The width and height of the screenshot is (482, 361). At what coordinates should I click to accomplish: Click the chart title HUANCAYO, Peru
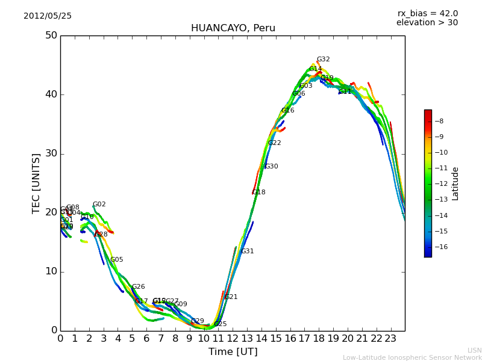tap(233, 28)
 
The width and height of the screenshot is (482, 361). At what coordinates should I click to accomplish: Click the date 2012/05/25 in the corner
tap(48, 16)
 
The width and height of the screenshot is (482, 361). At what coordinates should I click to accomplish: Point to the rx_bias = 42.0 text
tap(427, 14)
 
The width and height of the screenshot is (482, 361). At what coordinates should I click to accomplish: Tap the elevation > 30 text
tap(427, 23)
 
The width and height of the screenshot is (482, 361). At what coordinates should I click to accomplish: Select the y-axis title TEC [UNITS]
tap(36, 183)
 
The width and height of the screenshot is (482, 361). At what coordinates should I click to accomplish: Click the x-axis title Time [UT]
tap(233, 352)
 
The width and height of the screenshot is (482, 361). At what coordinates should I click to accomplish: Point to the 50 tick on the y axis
tap(51, 35)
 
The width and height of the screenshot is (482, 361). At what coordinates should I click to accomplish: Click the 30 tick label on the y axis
tap(51, 153)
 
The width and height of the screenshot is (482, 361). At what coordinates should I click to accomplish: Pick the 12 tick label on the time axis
tap(233, 338)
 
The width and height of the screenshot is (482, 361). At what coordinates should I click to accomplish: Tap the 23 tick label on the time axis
tap(390, 338)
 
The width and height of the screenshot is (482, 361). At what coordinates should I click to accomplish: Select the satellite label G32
tap(323, 60)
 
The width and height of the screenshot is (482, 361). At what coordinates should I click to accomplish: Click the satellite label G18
tap(258, 193)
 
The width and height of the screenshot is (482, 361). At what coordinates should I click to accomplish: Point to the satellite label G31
tap(247, 251)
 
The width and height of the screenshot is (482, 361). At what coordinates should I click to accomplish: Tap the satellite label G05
tap(116, 260)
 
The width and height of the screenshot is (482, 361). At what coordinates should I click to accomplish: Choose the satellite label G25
tap(220, 324)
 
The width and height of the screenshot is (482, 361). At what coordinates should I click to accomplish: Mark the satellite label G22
tap(274, 143)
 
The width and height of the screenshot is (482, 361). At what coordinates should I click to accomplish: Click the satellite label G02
tap(99, 205)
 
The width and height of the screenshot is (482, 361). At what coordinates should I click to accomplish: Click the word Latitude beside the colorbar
tap(455, 184)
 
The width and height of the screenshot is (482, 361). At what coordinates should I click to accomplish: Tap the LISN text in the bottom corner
tap(474, 350)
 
